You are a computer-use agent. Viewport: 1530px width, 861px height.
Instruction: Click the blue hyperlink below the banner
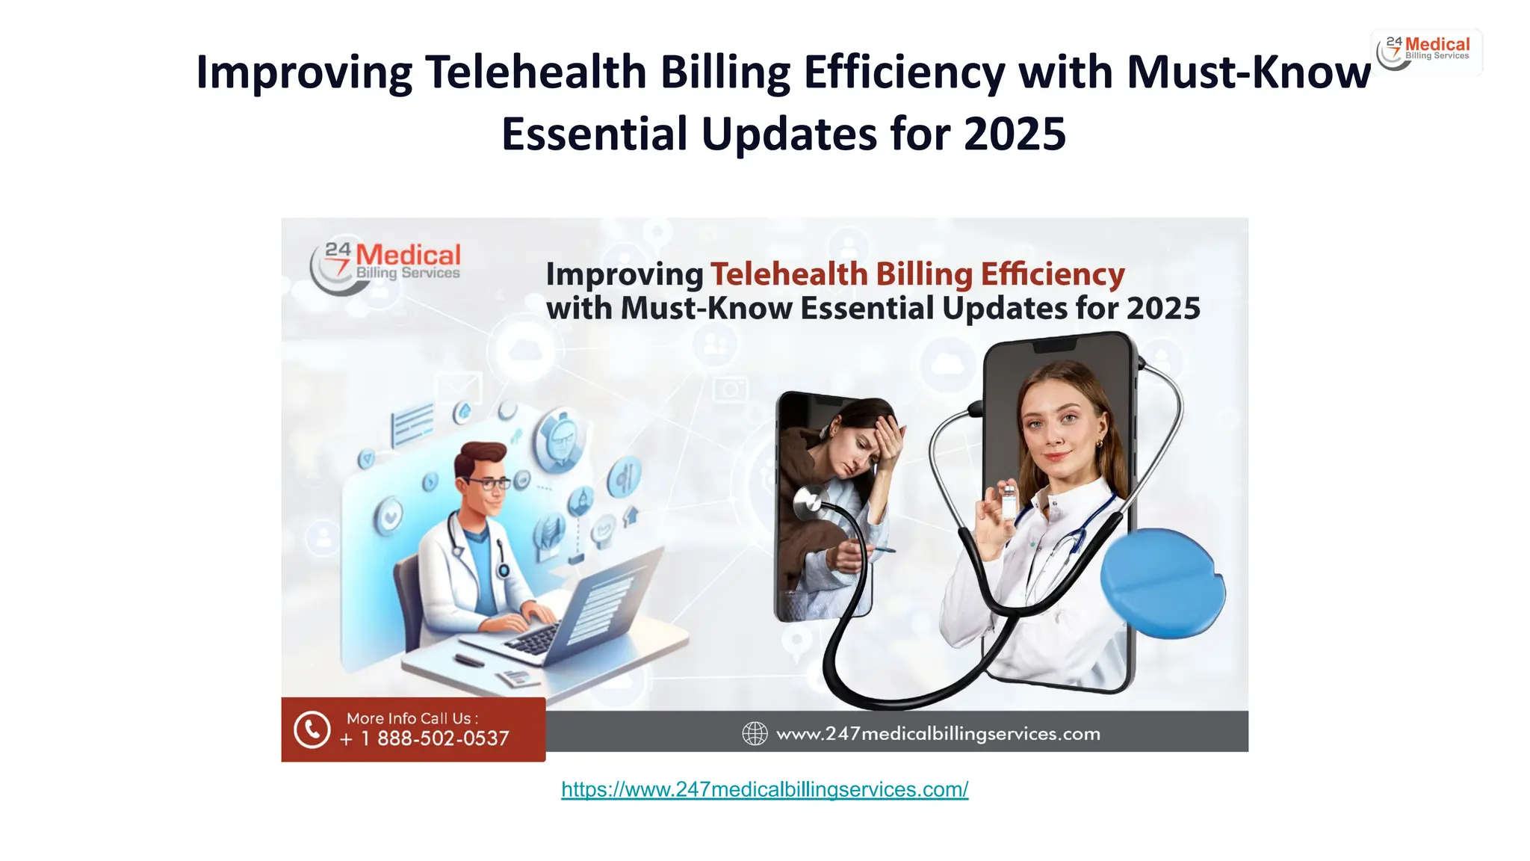click(764, 789)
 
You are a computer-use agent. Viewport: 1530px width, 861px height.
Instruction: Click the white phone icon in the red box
click(312, 729)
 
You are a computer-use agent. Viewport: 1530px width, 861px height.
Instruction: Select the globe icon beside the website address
click(755, 733)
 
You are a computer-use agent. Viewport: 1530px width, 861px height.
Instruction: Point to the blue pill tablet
click(1162, 583)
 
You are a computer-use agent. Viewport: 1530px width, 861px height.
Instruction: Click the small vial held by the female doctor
click(1009, 501)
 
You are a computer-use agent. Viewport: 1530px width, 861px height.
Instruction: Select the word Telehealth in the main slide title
click(535, 72)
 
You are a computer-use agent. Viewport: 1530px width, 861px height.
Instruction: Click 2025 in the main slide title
click(1015, 135)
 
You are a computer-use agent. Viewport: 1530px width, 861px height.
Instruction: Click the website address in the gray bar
click(938, 734)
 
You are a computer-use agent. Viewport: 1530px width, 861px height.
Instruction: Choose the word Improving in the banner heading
click(625, 274)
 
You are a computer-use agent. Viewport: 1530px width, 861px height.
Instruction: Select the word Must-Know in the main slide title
click(1248, 72)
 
